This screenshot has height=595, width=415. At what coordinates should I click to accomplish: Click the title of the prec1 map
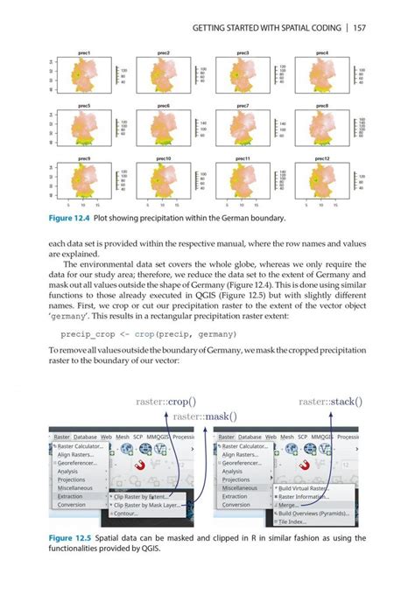(85, 53)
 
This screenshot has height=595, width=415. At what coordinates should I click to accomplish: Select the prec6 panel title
(164, 105)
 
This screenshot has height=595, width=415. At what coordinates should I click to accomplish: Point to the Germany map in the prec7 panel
(243, 129)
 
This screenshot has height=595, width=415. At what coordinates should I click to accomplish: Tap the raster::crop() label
(166, 402)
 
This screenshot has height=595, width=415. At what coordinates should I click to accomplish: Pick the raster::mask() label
(206, 417)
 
